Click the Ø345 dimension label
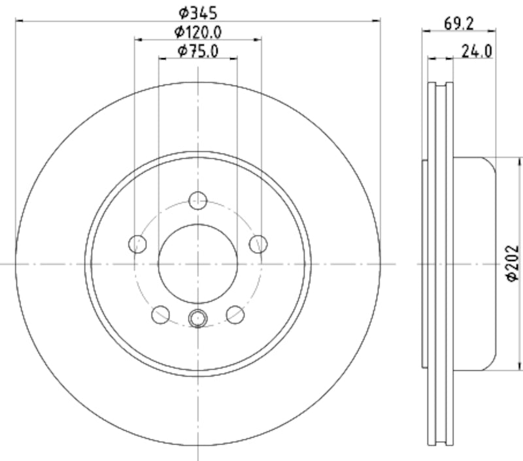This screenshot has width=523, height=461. click(197, 11)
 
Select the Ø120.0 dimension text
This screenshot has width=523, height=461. click(198, 31)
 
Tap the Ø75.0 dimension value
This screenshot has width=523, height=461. click(198, 51)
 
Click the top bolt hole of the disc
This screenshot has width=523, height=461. click(197, 200)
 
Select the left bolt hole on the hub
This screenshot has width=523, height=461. click(137, 244)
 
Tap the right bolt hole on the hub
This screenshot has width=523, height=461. click(258, 244)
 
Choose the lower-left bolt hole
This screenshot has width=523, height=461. click(160, 315)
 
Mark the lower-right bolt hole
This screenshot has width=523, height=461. click(235, 315)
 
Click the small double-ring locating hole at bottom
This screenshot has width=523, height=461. click(197, 319)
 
